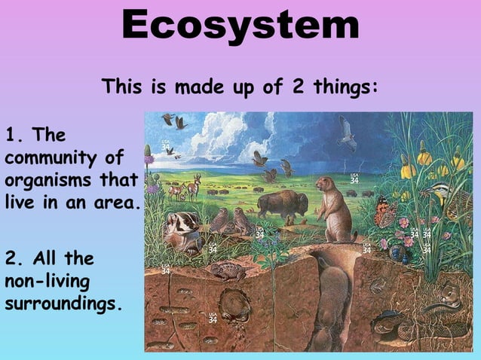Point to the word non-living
[47, 282]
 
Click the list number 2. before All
[15, 259]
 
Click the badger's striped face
[183, 224]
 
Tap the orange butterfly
[386, 213]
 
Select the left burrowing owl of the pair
[221, 220]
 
